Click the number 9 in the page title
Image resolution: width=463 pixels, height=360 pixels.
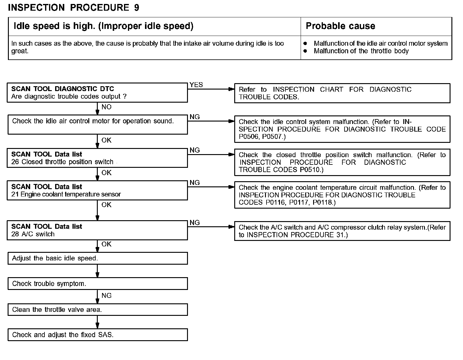136,8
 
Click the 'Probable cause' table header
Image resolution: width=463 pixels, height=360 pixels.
340,26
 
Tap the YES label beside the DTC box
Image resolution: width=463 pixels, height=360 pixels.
196,85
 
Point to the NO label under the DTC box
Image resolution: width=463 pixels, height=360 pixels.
106,107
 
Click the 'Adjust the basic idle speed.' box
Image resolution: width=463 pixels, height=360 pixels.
97,258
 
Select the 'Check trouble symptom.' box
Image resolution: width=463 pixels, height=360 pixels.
97,284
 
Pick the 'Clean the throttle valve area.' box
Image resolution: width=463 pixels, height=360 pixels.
97,310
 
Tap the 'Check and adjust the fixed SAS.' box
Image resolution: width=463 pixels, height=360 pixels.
97,335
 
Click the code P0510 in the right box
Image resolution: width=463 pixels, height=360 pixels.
311,170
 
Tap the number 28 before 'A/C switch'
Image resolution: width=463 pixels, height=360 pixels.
15,234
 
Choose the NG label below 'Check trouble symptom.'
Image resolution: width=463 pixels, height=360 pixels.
106,295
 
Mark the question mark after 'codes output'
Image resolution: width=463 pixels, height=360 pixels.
125,97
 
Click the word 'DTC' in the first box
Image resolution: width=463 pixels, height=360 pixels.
107,89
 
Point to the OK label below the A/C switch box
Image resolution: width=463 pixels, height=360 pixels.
106,244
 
